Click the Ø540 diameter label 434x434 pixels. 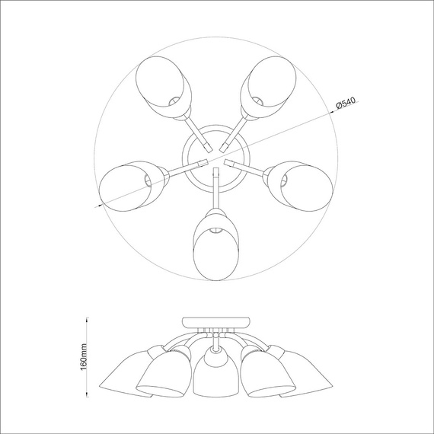pos(346,106)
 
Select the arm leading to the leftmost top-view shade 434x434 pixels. pos(183,168)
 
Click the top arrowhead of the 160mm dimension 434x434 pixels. pos(86,318)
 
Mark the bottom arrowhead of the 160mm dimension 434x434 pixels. pos(86,396)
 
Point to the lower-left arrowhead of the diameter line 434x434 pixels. pos(97,204)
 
